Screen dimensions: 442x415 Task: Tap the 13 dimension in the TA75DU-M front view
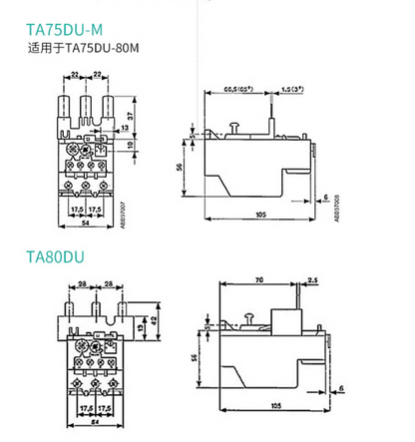[124, 128]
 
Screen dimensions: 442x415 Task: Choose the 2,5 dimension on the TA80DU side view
[314, 283]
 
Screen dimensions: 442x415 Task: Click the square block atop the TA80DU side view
[286, 320]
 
